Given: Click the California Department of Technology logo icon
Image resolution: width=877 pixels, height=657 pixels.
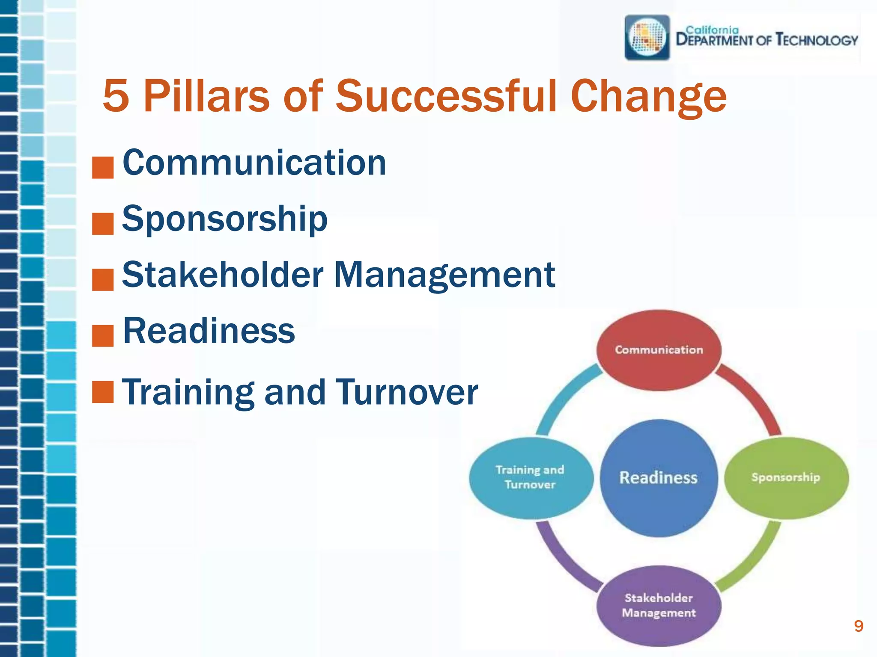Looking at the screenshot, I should coord(647,38).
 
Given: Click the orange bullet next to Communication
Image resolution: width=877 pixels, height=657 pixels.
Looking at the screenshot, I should coord(103,167).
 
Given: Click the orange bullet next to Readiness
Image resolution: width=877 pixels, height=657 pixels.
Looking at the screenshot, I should coord(103,336).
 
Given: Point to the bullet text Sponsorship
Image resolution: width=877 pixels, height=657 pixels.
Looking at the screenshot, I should coord(225,219).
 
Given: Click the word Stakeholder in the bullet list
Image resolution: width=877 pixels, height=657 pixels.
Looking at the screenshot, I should coord(223,275).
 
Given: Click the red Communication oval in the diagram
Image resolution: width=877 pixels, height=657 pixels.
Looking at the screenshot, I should coord(659,350).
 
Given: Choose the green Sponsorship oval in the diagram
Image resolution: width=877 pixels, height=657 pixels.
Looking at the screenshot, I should coord(786,477).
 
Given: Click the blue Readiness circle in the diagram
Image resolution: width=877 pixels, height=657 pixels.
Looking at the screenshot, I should coord(659,478).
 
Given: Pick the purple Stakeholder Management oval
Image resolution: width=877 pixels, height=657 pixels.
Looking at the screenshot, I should coord(659,605).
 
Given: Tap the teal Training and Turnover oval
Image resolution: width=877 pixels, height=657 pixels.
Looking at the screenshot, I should coord(531,477).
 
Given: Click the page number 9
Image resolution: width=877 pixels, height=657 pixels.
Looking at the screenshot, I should coord(858,626).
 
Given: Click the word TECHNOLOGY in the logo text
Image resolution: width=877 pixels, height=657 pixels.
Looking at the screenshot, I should coord(817,40).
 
